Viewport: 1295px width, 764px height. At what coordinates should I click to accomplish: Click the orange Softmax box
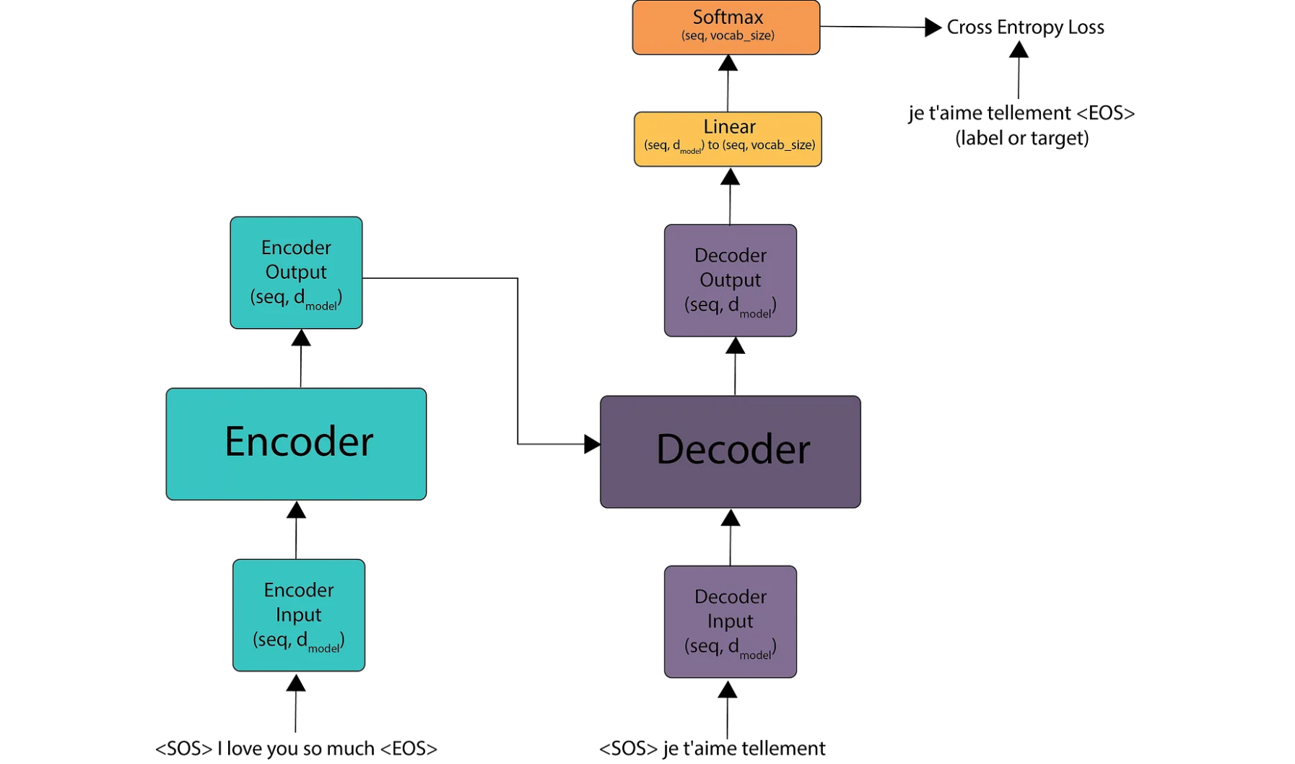click(x=725, y=27)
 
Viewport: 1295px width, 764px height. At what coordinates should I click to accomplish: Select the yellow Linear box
click(x=728, y=139)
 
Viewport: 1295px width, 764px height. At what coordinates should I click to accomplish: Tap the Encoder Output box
click(x=296, y=272)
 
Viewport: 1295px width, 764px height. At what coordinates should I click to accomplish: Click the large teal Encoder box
click(x=296, y=443)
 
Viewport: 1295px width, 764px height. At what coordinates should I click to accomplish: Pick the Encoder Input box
click(x=298, y=615)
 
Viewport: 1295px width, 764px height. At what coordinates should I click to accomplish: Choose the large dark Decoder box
click(x=730, y=451)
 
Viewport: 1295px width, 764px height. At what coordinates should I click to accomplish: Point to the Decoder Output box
click(x=730, y=280)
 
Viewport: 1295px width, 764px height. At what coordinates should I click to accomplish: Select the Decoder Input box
click(x=730, y=621)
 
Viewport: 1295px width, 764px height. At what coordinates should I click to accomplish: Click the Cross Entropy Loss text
click(x=1025, y=27)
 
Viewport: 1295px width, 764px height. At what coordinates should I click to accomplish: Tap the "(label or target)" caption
click(x=1021, y=138)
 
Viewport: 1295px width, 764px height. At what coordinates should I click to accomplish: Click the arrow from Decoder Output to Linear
click(x=730, y=196)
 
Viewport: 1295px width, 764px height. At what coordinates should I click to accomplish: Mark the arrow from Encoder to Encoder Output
click(x=301, y=359)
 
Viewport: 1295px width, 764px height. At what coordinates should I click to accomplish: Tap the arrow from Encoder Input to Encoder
click(x=296, y=530)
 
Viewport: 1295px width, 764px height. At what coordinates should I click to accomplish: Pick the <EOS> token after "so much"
click(x=409, y=748)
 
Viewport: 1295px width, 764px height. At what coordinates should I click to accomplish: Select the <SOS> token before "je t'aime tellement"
click(x=628, y=748)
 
